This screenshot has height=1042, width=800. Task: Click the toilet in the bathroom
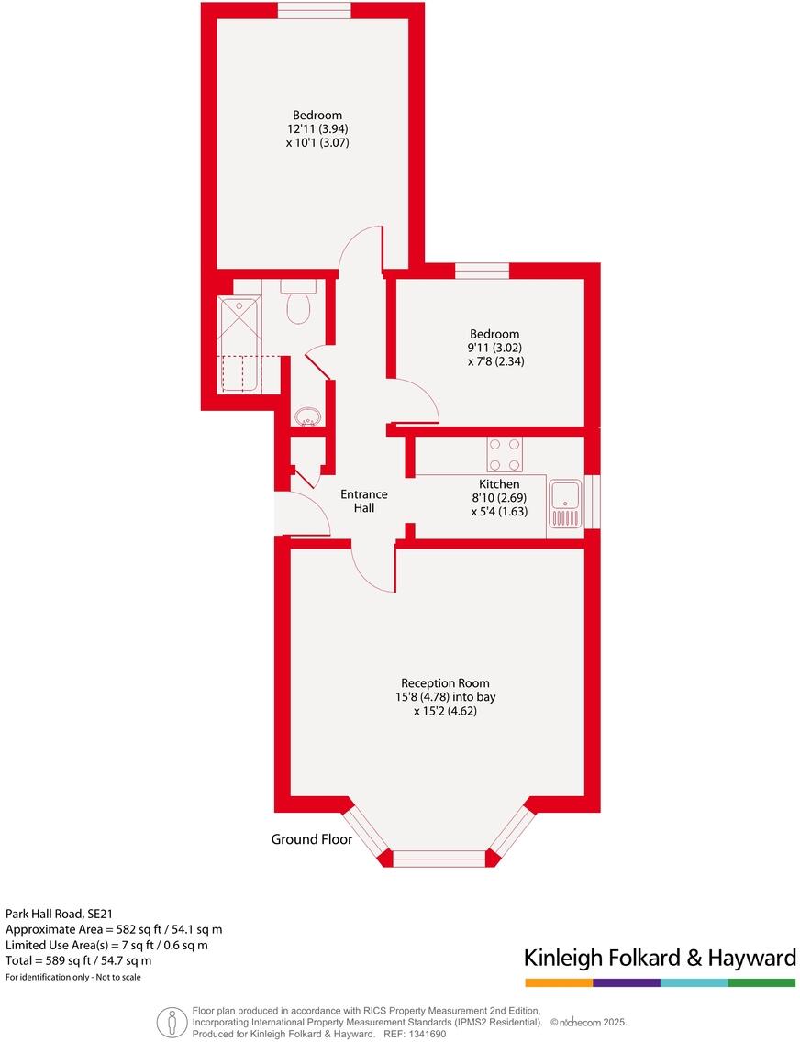[300, 305]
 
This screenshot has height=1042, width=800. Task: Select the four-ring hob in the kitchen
[505, 454]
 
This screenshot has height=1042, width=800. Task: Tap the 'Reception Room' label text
[445, 683]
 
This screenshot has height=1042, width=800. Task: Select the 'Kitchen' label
[499, 484]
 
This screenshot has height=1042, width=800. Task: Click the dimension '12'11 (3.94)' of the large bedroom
[317, 129]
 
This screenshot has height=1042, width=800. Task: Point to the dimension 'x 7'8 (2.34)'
[494, 361]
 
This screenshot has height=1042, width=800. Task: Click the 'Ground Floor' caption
[311, 839]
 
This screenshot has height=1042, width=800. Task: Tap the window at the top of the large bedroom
[314, 10]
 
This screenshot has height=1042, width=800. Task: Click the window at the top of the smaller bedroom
[482, 271]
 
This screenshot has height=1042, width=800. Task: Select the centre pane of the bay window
[439, 859]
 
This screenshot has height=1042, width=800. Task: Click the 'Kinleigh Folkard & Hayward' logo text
[660, 959]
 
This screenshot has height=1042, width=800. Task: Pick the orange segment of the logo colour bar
[559, 982]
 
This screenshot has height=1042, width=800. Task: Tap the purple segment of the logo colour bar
[627, 982]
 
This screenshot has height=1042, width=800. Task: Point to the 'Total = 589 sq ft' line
[79, 960]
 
